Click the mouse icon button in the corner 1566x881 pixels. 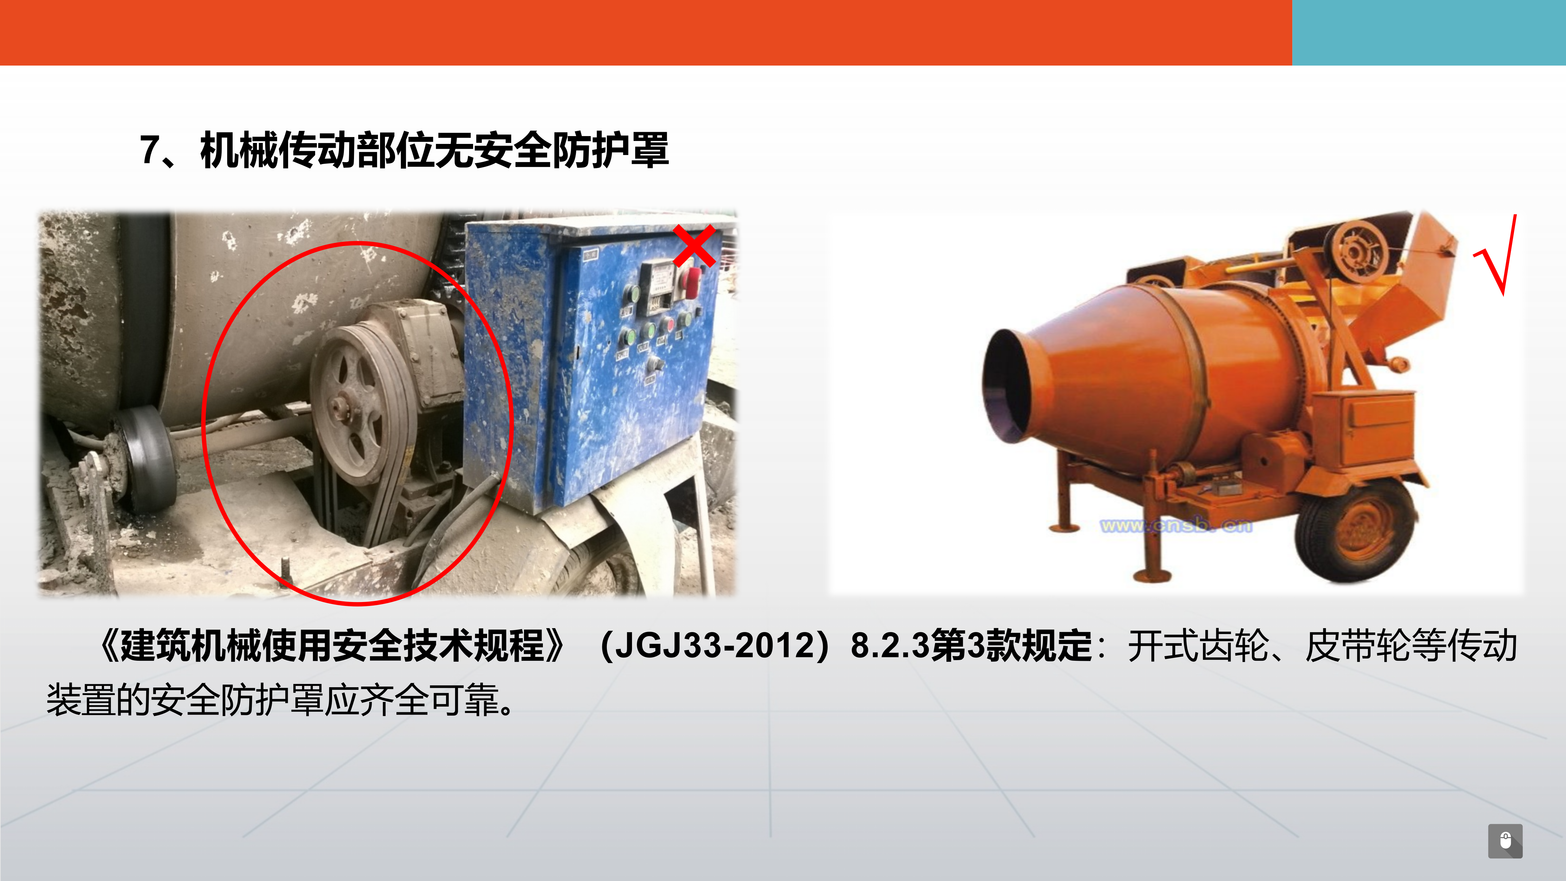1505,841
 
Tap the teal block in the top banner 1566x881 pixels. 1429,32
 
